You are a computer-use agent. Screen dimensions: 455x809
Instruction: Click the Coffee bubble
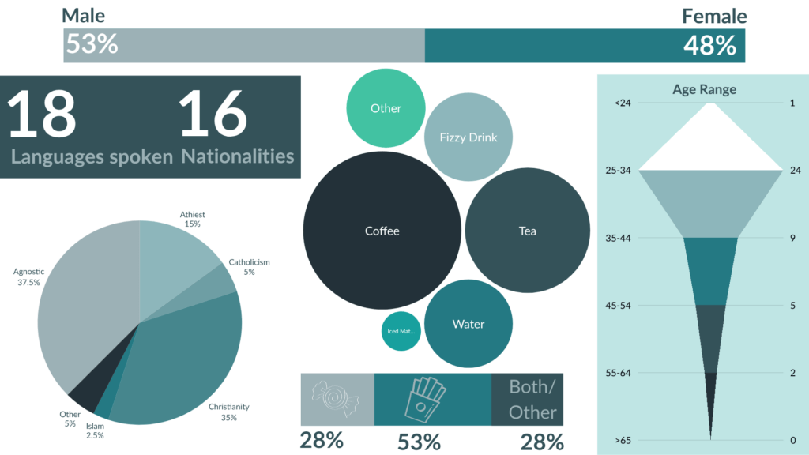pos(382,231)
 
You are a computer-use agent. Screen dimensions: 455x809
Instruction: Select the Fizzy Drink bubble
pos(468,137)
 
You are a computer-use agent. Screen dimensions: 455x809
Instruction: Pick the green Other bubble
pos(386,108)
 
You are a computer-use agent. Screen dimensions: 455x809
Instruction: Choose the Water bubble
pos(468,324)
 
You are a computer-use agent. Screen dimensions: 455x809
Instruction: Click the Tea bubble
pos(527,231)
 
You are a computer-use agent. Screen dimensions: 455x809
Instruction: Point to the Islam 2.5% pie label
pos(95,431)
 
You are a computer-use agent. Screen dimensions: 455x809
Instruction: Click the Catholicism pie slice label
pos(250,267)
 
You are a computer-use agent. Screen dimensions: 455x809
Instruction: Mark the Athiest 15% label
pos(193,219)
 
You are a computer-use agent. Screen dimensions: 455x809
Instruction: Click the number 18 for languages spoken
pos(43,115)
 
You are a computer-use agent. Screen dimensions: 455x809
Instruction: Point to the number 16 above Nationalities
pos(213,115)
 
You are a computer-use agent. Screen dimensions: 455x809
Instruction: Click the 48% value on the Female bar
pos(709,46)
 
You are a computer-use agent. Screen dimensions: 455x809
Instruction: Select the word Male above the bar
pos(83,16)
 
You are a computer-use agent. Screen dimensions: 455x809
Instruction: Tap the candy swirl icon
pos(337,400)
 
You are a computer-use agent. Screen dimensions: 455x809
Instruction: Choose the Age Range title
pos(704,89)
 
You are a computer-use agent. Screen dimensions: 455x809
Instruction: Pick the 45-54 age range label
pos(623,305)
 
